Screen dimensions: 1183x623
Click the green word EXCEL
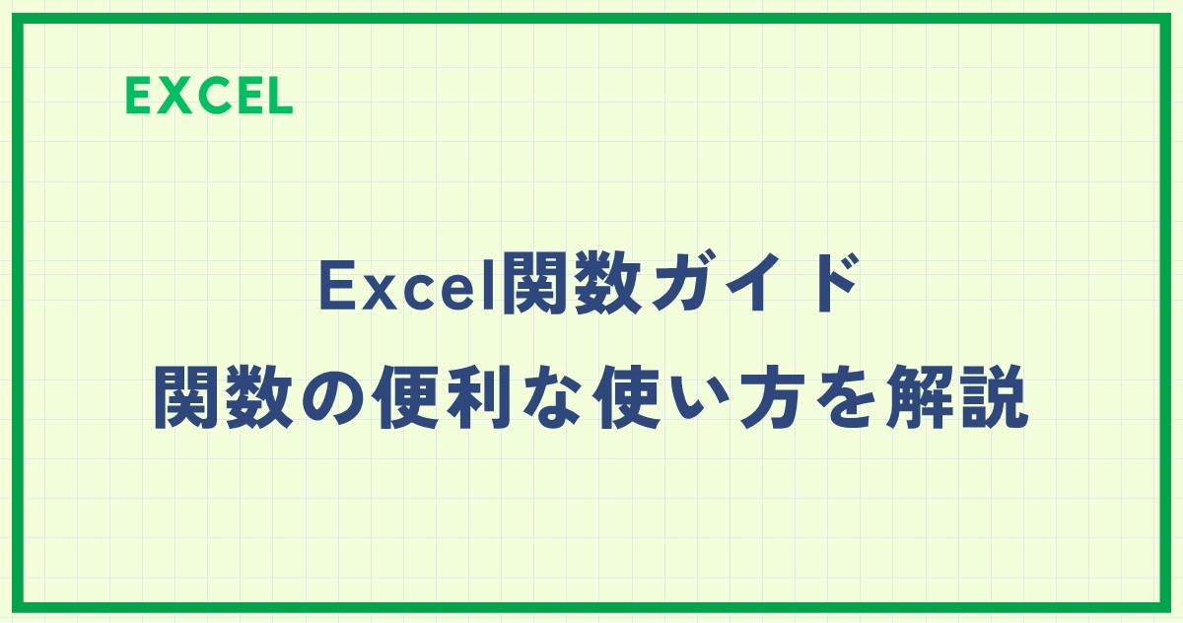pos(209,96)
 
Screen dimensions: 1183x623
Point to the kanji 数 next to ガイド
pos(608,283)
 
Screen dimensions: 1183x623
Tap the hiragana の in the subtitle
pos(334,397)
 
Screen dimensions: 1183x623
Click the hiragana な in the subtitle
pos(551,397)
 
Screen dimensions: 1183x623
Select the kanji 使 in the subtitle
pos(625,397)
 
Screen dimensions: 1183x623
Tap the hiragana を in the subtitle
pos(847,397)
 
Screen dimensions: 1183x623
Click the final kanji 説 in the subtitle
pos(994,397)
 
